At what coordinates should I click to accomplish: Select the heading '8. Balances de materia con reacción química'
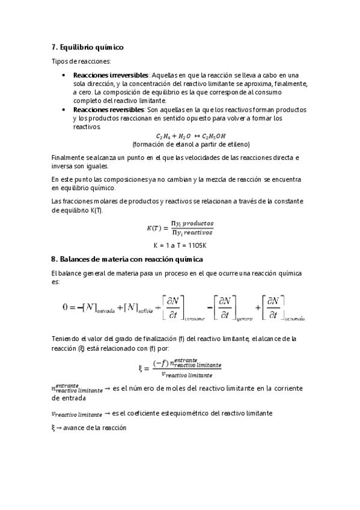click(x=127, y=259)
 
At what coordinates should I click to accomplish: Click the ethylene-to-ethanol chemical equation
click(x=182, y=137)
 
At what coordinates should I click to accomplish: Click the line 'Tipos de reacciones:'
click(x=81, y=62)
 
